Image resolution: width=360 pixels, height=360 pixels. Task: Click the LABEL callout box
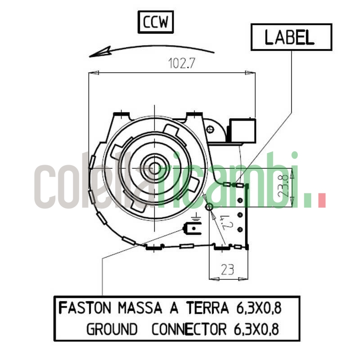coord(291,37)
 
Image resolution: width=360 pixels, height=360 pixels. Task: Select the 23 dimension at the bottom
coord(228,270)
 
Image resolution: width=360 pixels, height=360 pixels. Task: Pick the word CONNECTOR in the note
coord(189,330)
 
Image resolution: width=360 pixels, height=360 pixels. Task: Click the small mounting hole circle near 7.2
coord(209,207)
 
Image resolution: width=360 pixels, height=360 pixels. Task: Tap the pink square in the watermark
coord(321,201)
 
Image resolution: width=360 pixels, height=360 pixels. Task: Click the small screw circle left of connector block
coord(211,129)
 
